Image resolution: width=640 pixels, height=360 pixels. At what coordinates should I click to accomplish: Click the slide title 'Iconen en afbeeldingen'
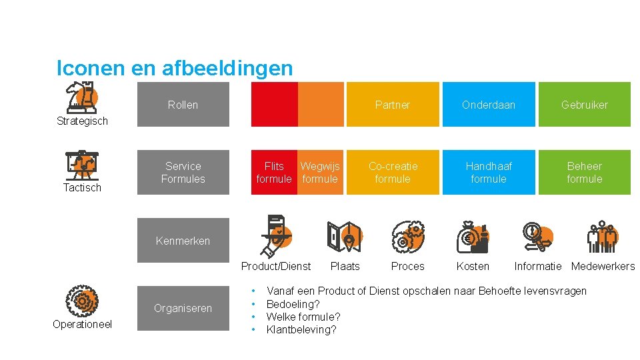175,68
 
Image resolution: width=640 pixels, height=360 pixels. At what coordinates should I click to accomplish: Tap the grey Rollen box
183,105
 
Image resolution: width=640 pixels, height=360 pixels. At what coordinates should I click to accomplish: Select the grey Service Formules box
183,173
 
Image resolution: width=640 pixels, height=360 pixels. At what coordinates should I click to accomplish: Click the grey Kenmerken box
183,241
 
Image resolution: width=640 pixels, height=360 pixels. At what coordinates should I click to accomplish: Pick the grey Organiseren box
183,308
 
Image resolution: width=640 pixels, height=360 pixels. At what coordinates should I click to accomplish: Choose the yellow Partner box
393,105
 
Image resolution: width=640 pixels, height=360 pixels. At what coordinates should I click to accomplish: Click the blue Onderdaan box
489,105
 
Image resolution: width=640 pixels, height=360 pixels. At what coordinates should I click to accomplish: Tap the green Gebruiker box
584,105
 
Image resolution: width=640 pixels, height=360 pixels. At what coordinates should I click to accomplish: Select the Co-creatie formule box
393,173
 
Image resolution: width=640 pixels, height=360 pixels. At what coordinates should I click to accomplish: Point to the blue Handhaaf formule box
489,173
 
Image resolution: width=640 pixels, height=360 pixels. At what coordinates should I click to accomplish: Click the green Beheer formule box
584,173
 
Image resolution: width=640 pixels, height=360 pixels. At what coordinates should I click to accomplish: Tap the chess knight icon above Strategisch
83,97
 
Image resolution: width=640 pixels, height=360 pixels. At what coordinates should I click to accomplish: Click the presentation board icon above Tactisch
83,165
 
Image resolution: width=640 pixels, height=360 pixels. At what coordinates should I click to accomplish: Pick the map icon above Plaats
345,237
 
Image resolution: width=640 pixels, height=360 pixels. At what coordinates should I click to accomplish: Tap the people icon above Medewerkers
602,237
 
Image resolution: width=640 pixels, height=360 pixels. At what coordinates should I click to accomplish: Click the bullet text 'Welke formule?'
303,317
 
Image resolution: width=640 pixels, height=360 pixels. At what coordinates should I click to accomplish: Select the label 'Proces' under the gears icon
407,267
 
